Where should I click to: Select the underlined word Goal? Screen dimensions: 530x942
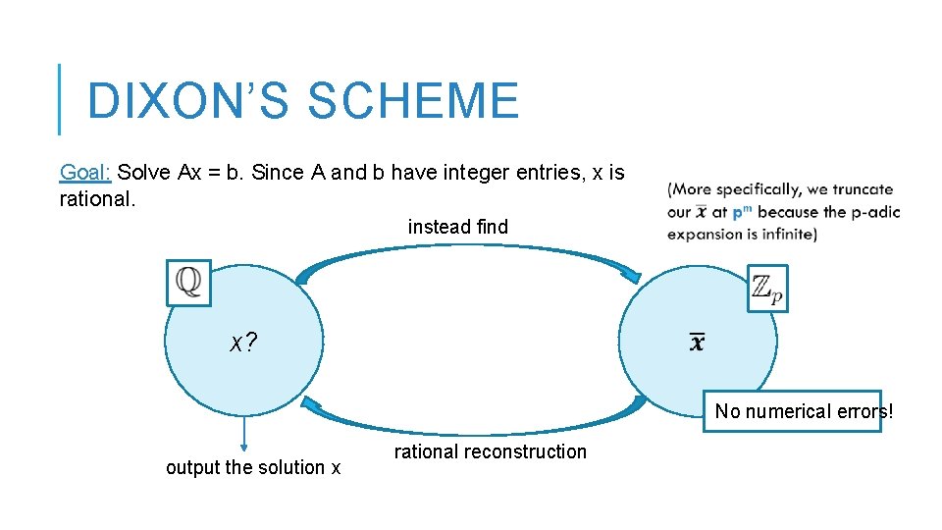pos(85,173)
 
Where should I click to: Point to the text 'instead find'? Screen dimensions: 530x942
pos(458,227)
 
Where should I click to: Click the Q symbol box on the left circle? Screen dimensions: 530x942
pos(188,283)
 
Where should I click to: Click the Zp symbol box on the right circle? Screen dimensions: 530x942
pos(767,289)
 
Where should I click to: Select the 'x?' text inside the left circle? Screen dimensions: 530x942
pos(243,343)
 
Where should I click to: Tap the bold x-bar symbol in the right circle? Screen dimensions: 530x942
pos(697,343)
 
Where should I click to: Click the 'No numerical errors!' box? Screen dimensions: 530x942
pos(804,411)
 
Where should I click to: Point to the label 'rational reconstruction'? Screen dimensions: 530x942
pos(490,451)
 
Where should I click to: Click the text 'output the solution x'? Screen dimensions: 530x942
pos(253,467)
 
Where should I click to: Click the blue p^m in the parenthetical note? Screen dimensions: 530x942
pos(742,212)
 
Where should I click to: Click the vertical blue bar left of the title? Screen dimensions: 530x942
pos(59,99)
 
